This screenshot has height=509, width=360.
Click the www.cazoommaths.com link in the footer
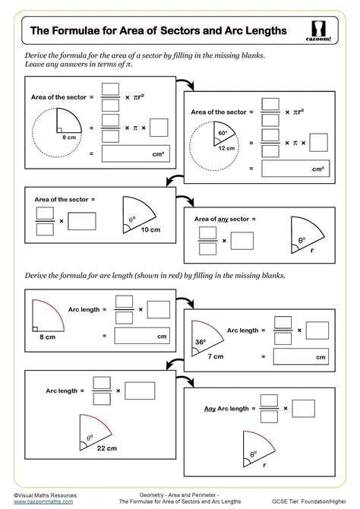click(x=43, y=501)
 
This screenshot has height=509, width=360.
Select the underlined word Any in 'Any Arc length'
click(x=213, y=408)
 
